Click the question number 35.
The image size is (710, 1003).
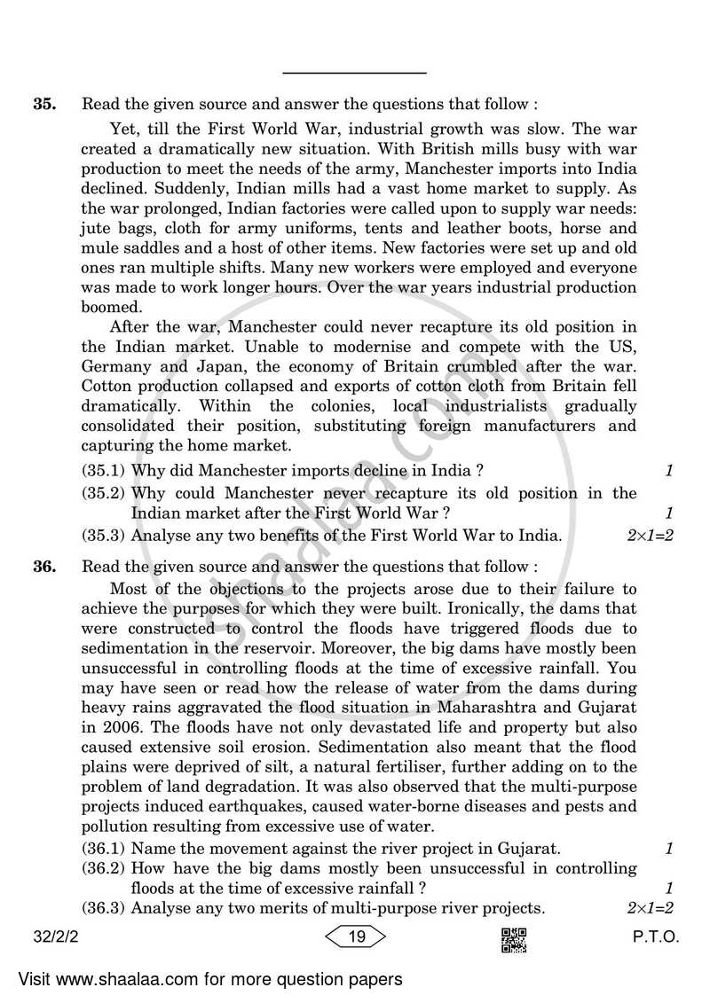[x=44, y=104]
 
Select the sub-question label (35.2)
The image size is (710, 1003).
[x=104, y=493]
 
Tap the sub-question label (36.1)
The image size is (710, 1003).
[x=104, y=849]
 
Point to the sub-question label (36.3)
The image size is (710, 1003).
[x=104, y=908]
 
